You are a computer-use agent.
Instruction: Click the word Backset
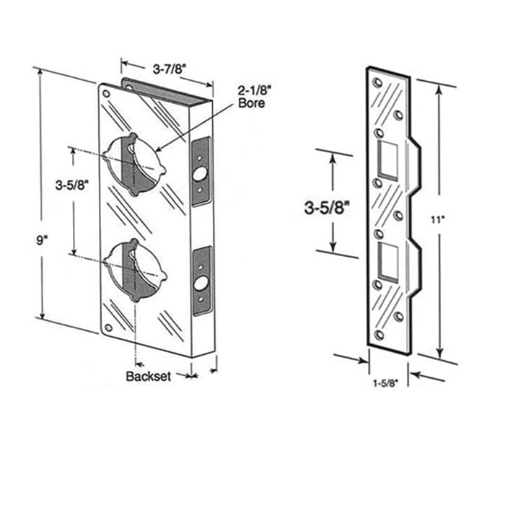[148, 376]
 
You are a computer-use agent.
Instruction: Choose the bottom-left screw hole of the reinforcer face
[108, 328]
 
